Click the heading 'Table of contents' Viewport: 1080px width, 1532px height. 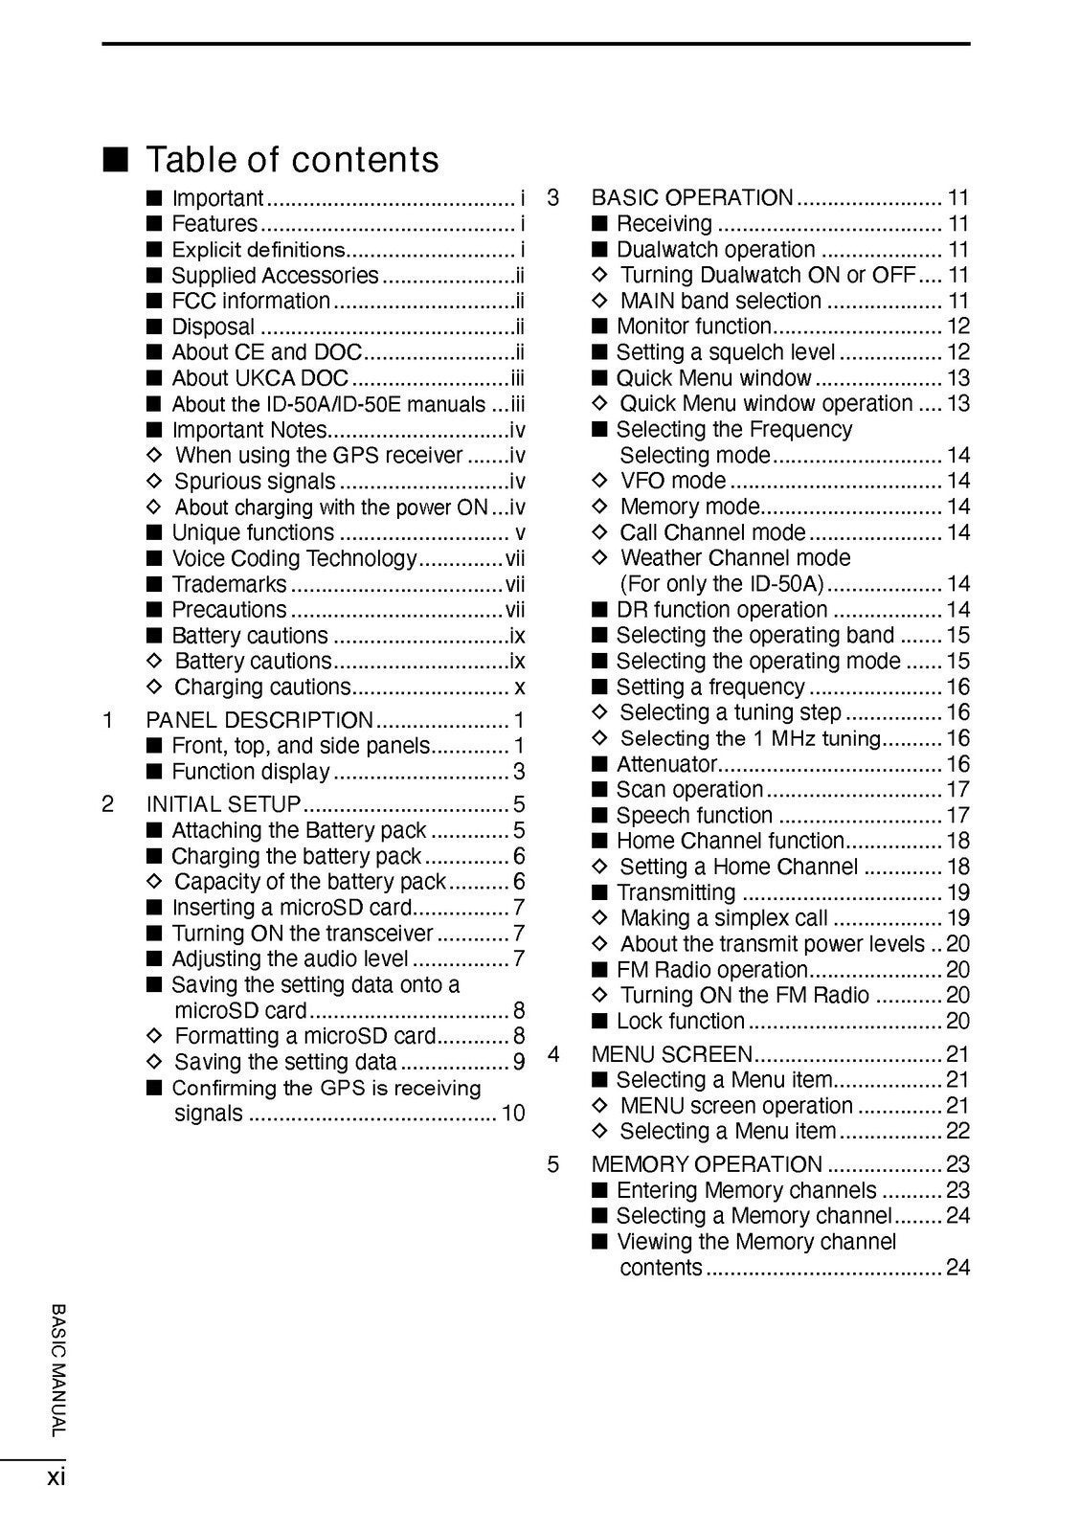tap(292, 159)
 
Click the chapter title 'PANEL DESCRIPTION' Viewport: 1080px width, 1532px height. tap(259, 720)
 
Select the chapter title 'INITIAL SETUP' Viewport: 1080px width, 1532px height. tap(223, 804)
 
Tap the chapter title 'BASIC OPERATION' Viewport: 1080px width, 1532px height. tap(692, 198)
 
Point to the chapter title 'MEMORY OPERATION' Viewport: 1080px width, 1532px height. tap(707, 1164)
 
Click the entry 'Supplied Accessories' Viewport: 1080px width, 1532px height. tap(275, 276)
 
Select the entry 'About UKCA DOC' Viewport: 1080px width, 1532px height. tap(259, 378)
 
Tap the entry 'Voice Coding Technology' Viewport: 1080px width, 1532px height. tap(294, 558)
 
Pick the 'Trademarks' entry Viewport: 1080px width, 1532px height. tap(229, 584)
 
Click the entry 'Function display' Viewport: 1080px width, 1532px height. tap(250, 772)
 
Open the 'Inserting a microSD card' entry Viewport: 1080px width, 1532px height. tap(291, 908)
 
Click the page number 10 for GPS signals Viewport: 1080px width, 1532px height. tap(513, 1113)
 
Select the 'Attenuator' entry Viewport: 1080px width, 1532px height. tap(666, 764)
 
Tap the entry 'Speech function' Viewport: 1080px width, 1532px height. tap(694, 816)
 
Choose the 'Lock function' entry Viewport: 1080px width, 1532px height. tap(680, 1022)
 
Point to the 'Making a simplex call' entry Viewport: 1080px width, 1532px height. tap(723, 918)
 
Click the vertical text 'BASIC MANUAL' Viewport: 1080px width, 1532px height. tap(58, 1369)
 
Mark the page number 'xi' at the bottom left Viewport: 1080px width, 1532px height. tap(56, 1477)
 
